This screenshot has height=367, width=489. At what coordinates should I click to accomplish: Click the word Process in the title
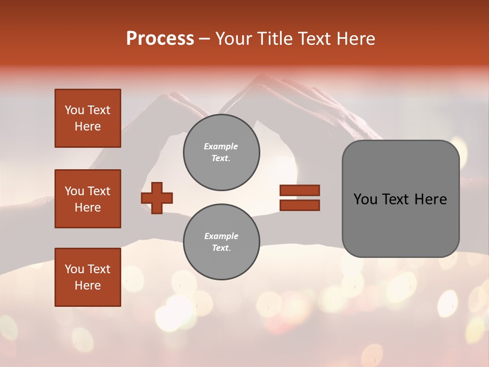(x=160, y=39)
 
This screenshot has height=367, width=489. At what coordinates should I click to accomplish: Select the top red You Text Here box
(x=88, y=118)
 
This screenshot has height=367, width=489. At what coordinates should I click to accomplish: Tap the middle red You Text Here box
(x=88, y=199)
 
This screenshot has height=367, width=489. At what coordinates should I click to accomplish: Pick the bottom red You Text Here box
(x=88, y=277)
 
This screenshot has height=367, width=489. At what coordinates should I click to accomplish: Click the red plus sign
(x=157, y=198)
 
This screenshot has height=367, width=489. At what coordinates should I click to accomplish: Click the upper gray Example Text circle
(x=222, y=152)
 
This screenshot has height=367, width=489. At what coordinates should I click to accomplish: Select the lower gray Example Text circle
(x=222, y=242)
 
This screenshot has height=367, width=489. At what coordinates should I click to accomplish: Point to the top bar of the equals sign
(x=300, y=190)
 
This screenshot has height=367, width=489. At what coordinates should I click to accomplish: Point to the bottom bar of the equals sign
(x=300, y=205)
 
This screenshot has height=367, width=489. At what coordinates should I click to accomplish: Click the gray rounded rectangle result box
(x=400, y=224)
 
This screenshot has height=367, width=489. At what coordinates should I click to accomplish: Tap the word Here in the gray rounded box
(x=430, y=199)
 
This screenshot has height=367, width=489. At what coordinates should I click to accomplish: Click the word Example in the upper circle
(x=221, y=146)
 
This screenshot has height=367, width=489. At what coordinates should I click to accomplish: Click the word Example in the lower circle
(x=221, y=236)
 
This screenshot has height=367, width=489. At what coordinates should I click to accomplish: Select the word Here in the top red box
(x=88, y=126)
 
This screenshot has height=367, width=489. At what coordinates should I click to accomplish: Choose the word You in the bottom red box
(x=74, y=269)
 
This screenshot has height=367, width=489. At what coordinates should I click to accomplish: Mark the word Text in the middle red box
(x=98, y=191)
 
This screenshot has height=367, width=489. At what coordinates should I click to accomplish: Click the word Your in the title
(x=233, y=39)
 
